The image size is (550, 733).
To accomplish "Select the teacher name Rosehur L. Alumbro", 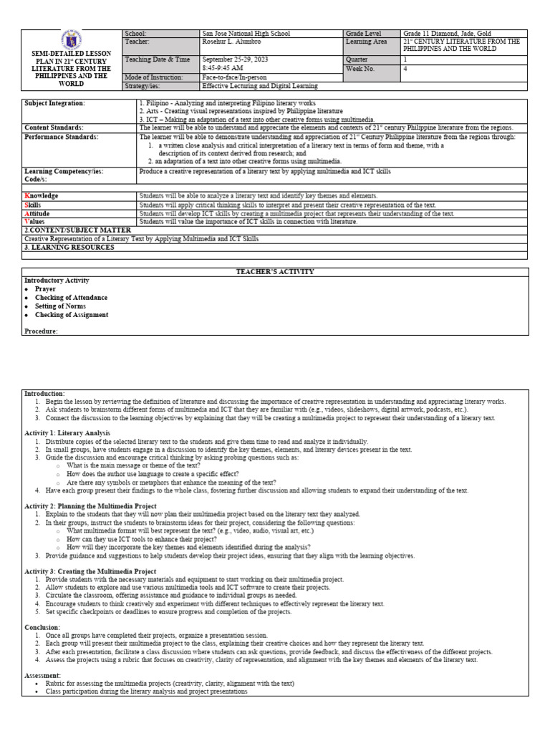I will click(x=232, y=42).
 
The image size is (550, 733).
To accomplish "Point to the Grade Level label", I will click(x=364, y=34).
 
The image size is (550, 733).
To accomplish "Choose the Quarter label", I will click(x=357, y=59).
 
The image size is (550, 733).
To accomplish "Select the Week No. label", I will click(x=360, y=69).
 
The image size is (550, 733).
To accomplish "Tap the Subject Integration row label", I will click(x=54, y=103).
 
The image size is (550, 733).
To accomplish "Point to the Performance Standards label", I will click(x=62, y=136).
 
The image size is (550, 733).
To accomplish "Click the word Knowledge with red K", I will click(x=42, y=195).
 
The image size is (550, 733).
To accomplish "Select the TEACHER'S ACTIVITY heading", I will click(x=275, y=272).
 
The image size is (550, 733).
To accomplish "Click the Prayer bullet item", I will click(x=45, y=289).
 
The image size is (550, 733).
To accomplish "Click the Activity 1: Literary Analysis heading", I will click(x=67, y=433).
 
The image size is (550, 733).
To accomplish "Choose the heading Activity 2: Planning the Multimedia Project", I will click(x=90, y=506).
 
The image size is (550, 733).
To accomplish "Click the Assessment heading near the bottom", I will click(x=43, y=676).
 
